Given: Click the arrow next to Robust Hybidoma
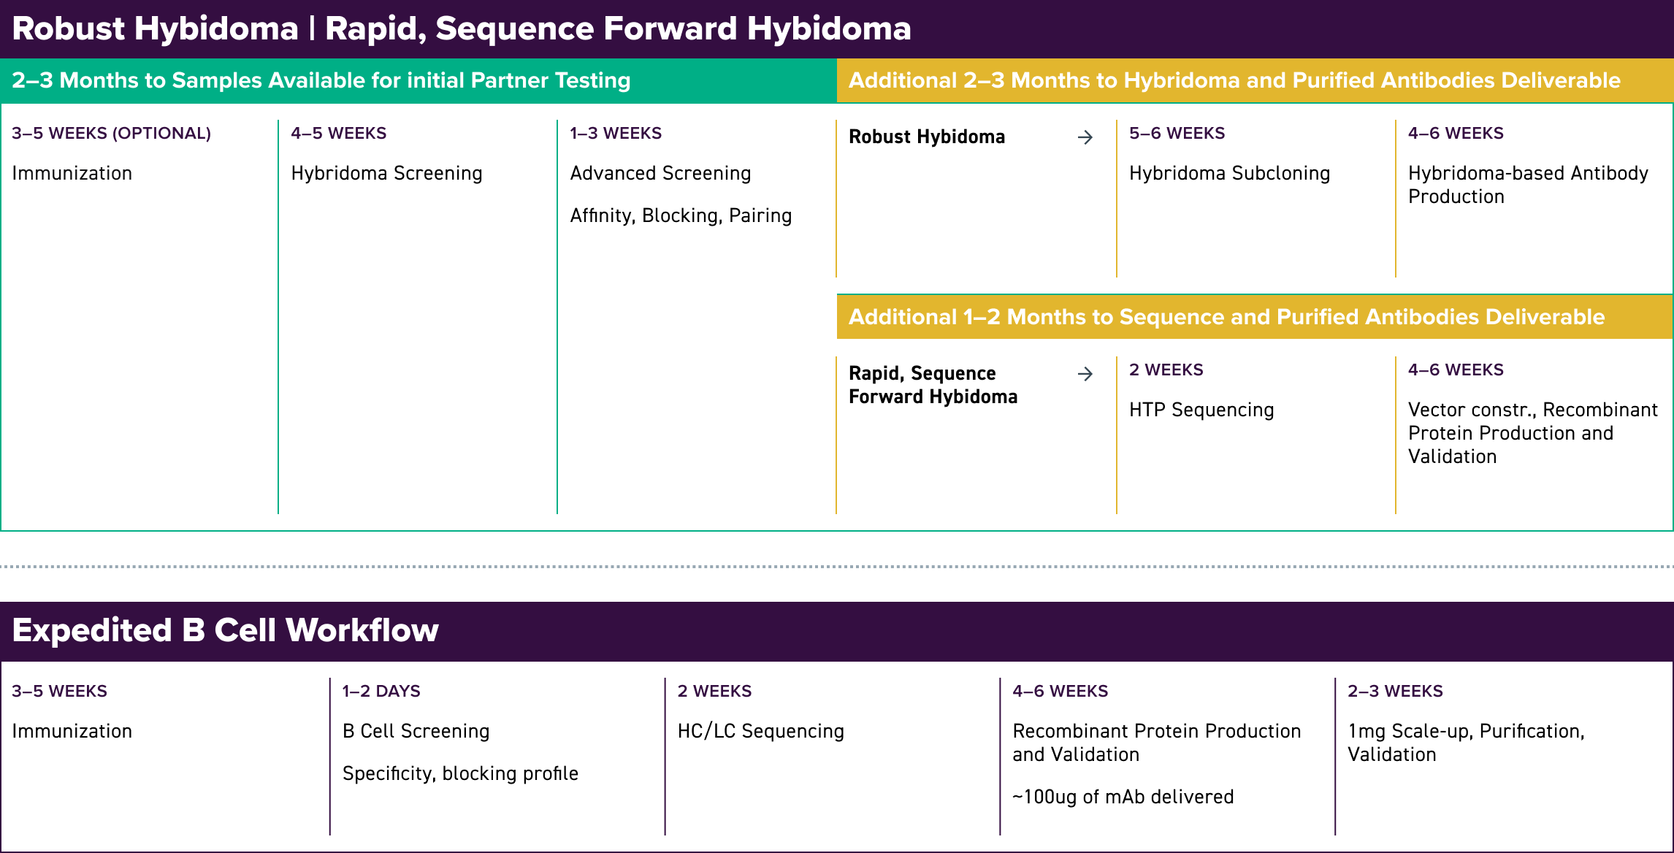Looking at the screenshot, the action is pos(1085,137).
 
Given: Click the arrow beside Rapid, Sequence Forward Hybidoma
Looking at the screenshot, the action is pos(1085,374).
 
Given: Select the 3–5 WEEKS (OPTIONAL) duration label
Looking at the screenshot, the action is pos(111,133).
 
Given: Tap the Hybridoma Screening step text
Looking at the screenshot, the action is pos(386,173).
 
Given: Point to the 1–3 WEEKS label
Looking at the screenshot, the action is pos(616,133).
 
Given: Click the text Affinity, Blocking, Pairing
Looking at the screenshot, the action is pos(681,215).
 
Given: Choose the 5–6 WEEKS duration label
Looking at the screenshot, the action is pos(1177,133).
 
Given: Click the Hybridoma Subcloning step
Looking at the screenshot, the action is pos(1229,173).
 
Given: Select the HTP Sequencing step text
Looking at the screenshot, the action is pos(1201,410).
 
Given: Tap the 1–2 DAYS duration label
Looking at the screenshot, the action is pos(381,691).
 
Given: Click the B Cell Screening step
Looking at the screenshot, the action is pos(416,731).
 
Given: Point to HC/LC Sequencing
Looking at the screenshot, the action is pos(760,731).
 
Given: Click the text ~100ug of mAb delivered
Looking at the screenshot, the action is pos(1123,797).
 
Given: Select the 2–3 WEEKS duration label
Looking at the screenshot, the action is pos(1395,691).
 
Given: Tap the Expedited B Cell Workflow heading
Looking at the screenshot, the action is pos(225,630).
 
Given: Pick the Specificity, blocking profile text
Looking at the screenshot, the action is pos(460,773).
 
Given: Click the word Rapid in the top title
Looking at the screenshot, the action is pos(372,29).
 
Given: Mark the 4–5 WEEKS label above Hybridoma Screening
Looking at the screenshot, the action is pos(338,133).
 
